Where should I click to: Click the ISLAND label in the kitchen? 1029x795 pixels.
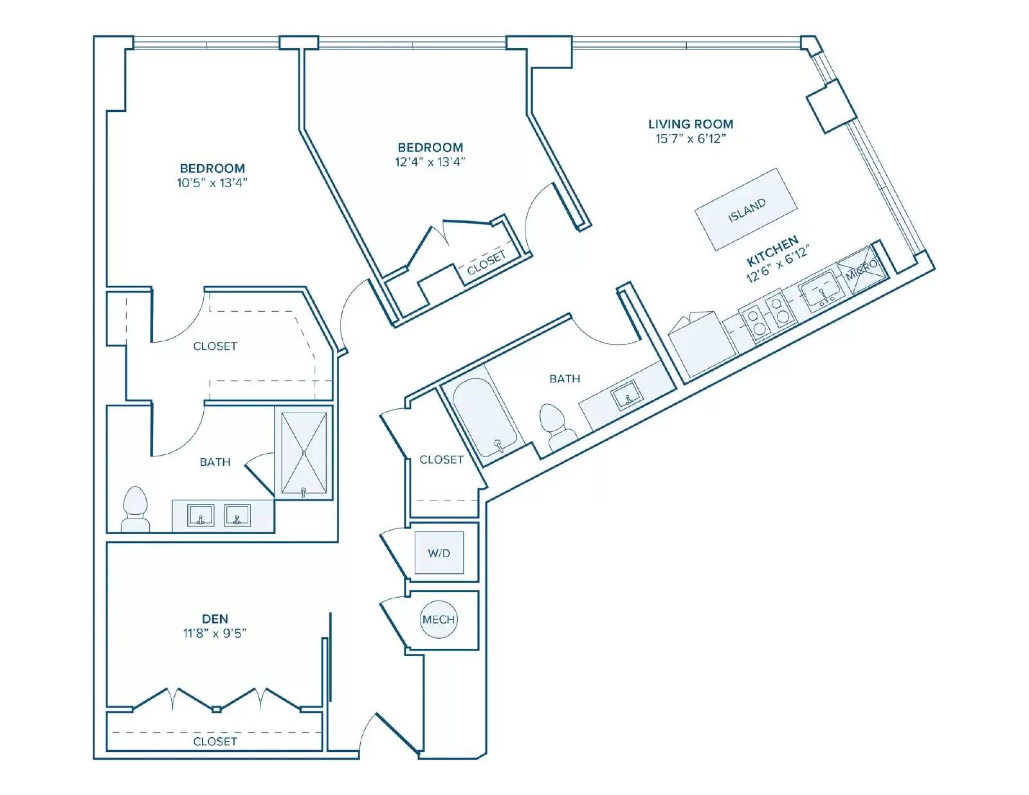pyautogui.click(x=747, y=210)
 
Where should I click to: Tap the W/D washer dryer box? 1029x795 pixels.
pyautogui.click(x=439, y=553)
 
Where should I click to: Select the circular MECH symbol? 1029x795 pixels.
pyautogui.click(x=439, y=620)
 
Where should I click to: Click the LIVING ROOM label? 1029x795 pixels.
pyautogui.click(x=691, y=124)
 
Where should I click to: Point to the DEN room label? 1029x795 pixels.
pyautogui.click(x=215, y=618)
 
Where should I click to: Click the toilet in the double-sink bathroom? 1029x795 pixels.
pyautogui.click(x=136, y=509)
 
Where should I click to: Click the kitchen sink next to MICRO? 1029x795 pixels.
pyautogui.click(x=823, y=290)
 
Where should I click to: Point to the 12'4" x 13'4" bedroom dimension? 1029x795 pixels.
pyautogui.click(x=430, y=162)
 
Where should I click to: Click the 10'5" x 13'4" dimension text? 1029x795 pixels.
pyautogui.click(x=212, y=183)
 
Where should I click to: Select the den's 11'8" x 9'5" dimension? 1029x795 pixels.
pyautogui.click(x=215, y=633)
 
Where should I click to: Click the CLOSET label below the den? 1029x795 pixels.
pyautogui.click(x=215, y=742)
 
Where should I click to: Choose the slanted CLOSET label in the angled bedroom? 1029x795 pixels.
pyautogui.click(x=486, y=263)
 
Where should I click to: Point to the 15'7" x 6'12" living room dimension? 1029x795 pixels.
pyautogui.click(x=691, y=139)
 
